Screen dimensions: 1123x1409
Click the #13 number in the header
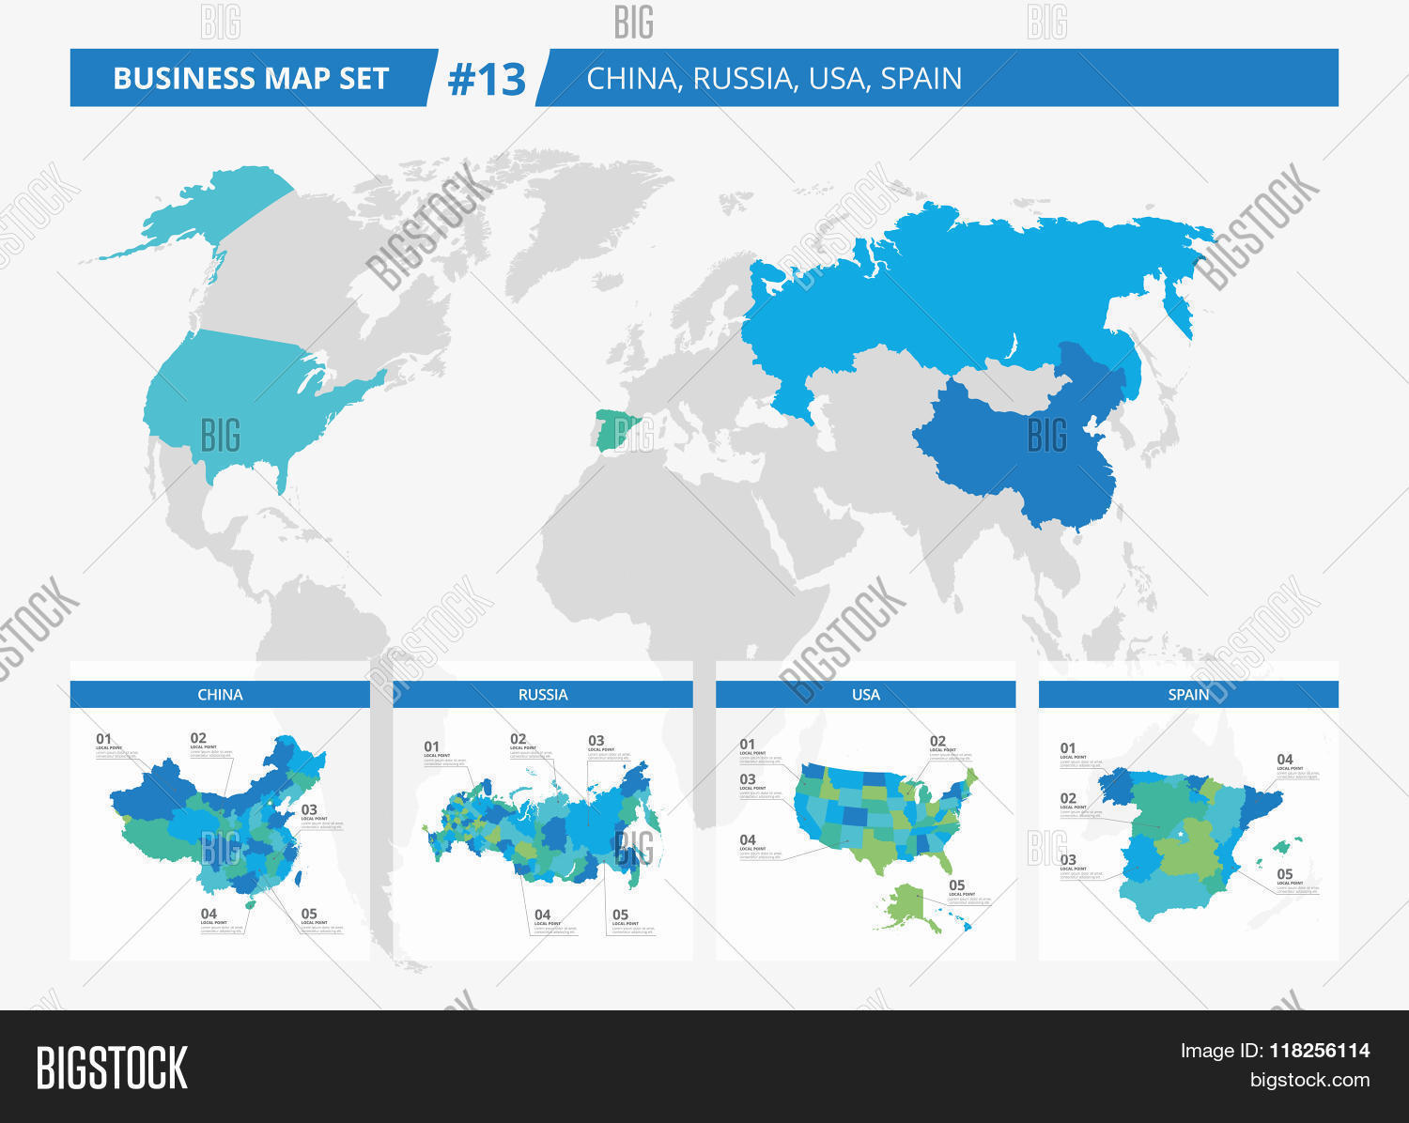pos(487,79)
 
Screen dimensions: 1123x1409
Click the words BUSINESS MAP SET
pos(251,79)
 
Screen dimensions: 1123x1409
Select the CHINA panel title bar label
pos(220,695)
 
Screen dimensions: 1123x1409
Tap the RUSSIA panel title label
pos(543,695)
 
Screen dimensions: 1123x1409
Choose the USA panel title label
pos(865,695)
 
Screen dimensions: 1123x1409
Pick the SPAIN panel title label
pos(1188,695)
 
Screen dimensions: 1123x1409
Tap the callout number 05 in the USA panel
pos(956,885)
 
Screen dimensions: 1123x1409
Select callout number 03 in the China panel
pos(309,809)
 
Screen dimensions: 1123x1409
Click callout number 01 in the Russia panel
pos(431,747)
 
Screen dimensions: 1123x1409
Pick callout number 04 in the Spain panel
pos(1284,760)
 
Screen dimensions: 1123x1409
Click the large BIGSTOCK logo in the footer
pos(112,1068)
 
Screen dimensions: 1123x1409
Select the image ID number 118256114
pos(1320,1051)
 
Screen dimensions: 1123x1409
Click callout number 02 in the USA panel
pos(937,741)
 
